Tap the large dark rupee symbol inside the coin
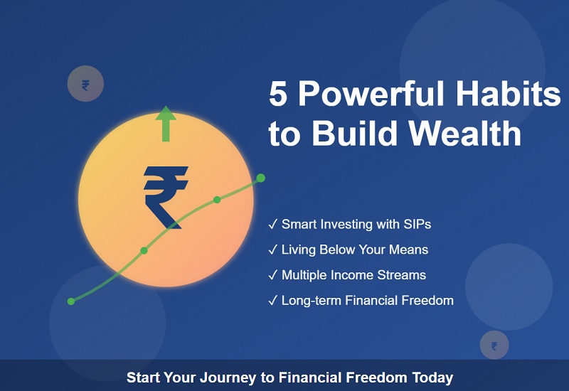(166, 197)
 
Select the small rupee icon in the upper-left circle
(85, 85)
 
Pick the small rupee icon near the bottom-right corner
(494, 346)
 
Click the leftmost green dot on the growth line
(71, 301)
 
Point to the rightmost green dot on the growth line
(260, 178)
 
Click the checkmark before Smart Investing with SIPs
(272, 225)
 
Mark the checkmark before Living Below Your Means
(272, 250)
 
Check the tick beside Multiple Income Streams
(272, 275)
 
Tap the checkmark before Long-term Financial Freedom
(272, 301)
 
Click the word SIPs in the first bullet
(416, 225)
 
